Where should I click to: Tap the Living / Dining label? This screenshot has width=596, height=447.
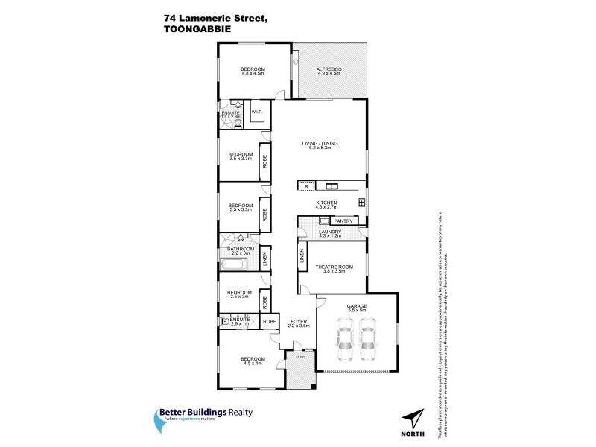pos(316,146)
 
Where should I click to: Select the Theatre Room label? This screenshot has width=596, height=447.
pos(333,268)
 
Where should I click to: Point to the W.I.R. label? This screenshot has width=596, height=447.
pos(256,112)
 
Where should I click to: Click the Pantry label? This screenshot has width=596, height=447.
pos(343,221)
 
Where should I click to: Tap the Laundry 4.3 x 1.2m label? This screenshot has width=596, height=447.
pos(329,233)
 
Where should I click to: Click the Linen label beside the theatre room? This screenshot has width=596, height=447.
pos(302,255)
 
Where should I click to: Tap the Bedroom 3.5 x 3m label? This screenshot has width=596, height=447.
pos(238,294)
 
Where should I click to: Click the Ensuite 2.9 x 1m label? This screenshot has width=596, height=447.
pos(240,321)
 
